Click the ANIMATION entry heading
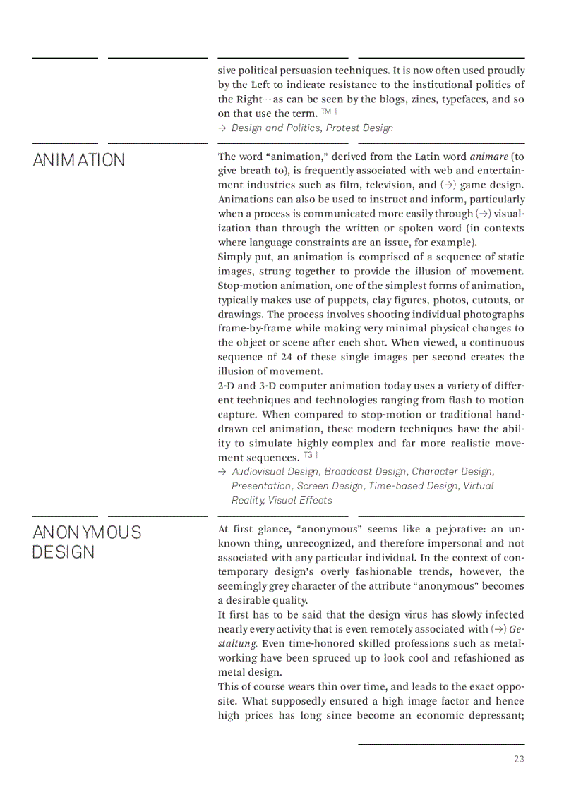[78, 160]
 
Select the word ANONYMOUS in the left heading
[87, 532]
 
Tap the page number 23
[519, 760]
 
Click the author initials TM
[325, 112]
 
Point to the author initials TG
[308, 456]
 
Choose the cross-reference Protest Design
[359, 128]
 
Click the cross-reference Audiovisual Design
[275, 471]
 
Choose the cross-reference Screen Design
[330, 486]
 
